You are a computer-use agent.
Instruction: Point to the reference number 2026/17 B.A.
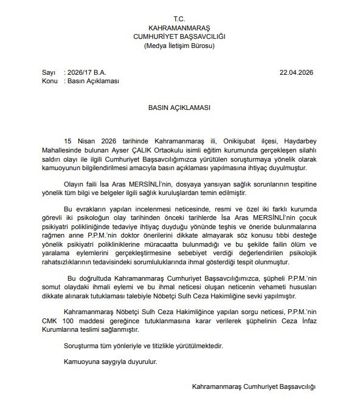[89, 71]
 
